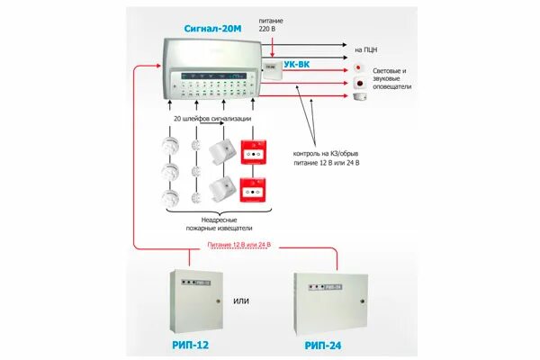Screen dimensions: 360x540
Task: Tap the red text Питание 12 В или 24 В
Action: click(x=238, y=245)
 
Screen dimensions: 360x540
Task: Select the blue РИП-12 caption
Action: click(x=193, y=345)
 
